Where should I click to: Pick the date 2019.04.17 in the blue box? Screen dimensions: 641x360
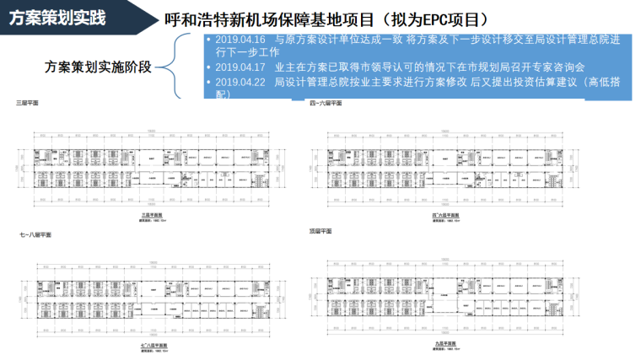240,67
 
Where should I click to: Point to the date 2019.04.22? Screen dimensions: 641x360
240,82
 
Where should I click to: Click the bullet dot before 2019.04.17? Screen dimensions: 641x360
208,67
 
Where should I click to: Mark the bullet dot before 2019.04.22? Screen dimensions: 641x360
208,82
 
